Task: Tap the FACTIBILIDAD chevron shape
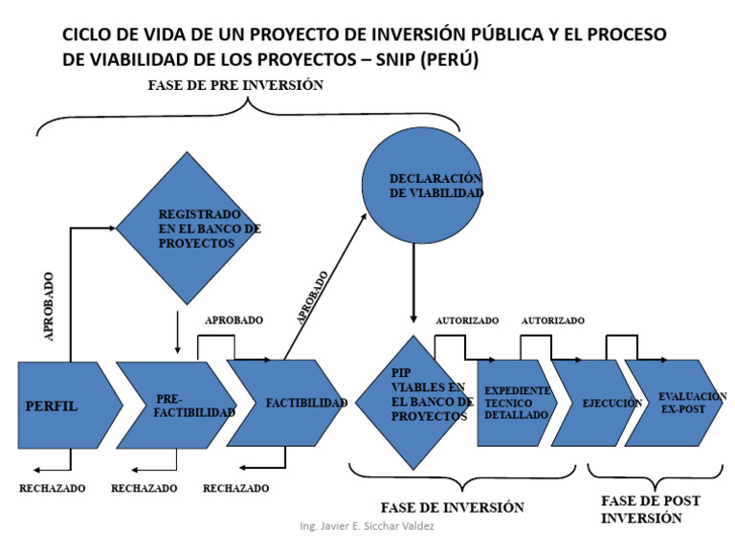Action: [x=287, y=403]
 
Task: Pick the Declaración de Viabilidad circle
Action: [x=422, y=186]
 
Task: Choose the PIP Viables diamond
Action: [x=414, y=401]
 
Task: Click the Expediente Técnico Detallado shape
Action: [x=516, y=403]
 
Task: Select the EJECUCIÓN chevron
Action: [x=593, y=403]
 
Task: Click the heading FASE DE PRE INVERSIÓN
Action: [x=235, y=85]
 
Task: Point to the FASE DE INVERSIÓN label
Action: [x=453, y=507]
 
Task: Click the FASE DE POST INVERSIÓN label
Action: [x=644, y=509]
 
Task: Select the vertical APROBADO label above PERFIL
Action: [x=49, y=306]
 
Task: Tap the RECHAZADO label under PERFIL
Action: [x=52, y=488]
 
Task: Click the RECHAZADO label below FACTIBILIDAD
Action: [x=235, y=488]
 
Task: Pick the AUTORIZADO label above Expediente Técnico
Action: [x=467, y=320]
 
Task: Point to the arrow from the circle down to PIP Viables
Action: [x=413, y=281]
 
